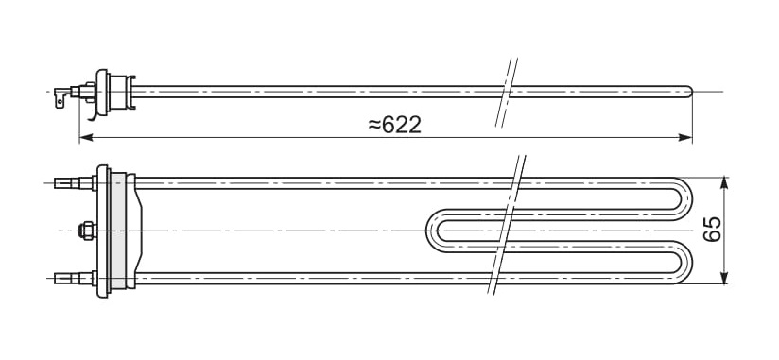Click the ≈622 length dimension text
394,125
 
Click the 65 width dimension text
713,229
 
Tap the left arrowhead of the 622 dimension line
86,138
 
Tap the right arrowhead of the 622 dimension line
685,138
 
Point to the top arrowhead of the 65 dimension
724,182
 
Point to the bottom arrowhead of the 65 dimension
724,278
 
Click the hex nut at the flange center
86,231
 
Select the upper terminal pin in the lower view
75,183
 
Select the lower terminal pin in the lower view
75,279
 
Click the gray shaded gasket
118,231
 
